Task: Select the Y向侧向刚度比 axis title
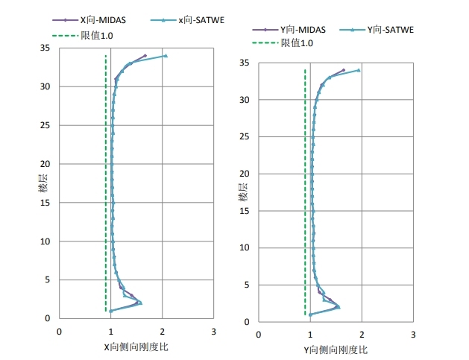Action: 336,349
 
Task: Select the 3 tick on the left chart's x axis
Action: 213,331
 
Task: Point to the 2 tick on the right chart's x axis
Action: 362,335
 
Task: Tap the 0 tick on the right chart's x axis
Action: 259,335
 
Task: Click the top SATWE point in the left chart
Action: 166,56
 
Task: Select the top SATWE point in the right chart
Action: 359,70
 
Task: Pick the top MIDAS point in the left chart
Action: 145,55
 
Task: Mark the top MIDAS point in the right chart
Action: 344,70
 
